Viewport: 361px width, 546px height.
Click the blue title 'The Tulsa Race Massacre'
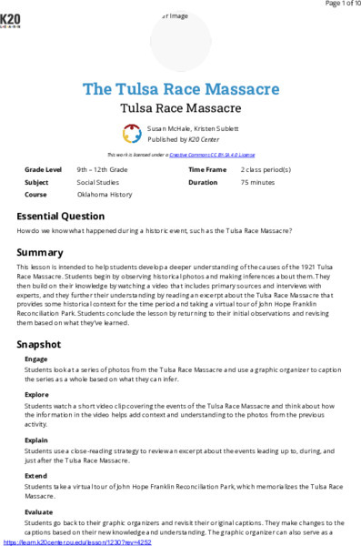(180, 89)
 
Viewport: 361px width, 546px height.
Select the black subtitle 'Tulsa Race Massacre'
(180, 107)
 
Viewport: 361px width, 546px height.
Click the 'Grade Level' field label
(43, 169)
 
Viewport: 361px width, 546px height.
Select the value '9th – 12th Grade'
(102, 169)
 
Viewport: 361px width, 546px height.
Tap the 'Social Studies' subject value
(98, 182)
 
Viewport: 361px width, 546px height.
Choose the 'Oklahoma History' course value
(105, 195)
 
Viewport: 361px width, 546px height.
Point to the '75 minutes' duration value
(257, 182)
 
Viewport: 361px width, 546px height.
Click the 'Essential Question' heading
(61, 216)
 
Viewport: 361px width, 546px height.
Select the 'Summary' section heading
(40, 251)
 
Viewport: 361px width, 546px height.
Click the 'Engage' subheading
(36, 359)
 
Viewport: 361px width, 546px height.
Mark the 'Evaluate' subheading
(39, 512)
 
